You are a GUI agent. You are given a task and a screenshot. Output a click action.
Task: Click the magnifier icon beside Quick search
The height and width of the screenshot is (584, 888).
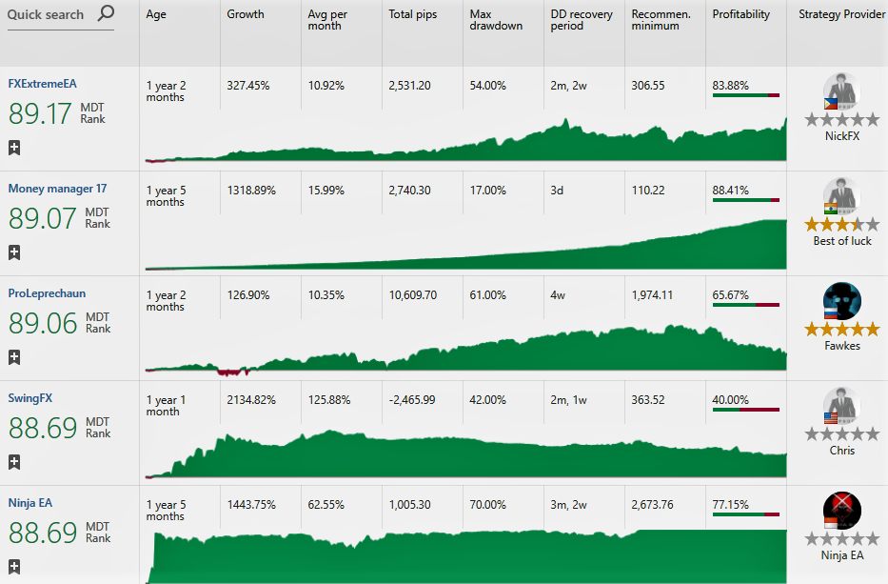point(106,12)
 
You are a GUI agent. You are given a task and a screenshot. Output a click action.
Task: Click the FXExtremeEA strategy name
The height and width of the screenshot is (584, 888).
point(43,84)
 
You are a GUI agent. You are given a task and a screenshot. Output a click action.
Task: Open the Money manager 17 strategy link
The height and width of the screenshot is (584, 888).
point(57,189)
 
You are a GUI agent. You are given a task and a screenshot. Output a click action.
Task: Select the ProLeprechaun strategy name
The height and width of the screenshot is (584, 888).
point(47,293)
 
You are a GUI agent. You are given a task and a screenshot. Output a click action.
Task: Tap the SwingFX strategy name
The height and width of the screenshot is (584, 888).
point(30,398)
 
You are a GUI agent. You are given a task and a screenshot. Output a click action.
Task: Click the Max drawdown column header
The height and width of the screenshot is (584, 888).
point(496,20)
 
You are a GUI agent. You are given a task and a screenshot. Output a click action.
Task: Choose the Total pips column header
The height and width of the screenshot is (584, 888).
point(413,14)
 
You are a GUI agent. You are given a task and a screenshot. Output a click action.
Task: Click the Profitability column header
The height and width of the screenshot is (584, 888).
point(740,14)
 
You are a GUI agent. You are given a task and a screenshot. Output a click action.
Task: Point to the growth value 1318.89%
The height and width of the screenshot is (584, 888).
point(251,191)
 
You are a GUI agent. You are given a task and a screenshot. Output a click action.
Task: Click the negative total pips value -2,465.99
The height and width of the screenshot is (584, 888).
point(412,400)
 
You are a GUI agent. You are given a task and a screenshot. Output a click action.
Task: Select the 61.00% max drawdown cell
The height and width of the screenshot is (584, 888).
point(487,295)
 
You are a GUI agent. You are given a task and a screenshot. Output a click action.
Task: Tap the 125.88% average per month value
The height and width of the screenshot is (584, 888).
point(329,400)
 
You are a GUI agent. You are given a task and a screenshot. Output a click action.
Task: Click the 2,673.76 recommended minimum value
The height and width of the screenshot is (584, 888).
point(652,505)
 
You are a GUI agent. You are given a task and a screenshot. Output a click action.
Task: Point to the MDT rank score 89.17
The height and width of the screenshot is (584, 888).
point(40,113)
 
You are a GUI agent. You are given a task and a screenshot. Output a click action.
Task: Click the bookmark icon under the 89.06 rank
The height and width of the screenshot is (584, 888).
point(14,357)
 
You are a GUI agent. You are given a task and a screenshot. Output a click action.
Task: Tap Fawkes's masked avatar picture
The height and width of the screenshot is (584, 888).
point(842,301)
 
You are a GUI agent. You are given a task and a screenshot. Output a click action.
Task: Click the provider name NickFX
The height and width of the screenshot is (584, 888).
point(842,136)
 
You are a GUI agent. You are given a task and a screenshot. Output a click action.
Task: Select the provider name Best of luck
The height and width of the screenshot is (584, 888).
point(842,241)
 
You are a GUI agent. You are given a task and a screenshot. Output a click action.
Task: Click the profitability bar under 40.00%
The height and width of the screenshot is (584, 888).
point(746,410)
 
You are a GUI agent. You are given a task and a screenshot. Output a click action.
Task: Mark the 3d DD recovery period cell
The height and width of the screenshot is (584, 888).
point(557,191)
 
